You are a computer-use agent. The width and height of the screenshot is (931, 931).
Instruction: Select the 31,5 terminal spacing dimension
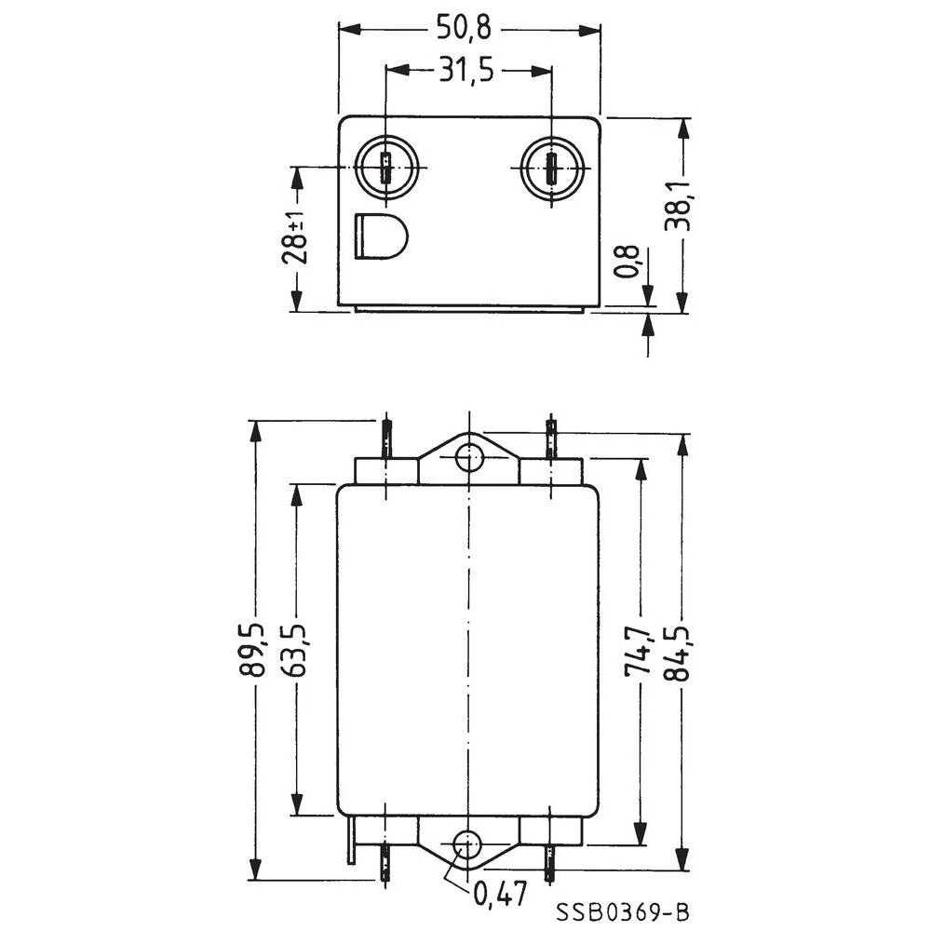coord(468,72)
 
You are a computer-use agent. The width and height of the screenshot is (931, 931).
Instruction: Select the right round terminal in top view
coord(551,169)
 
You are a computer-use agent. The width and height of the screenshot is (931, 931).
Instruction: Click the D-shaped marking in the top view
coord(379,235)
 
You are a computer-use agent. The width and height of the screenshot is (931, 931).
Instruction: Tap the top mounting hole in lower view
coord(468,457)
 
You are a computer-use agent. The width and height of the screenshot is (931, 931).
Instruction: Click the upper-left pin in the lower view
coord(385,438)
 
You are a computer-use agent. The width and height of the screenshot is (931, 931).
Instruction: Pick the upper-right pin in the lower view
coord(551,438)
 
